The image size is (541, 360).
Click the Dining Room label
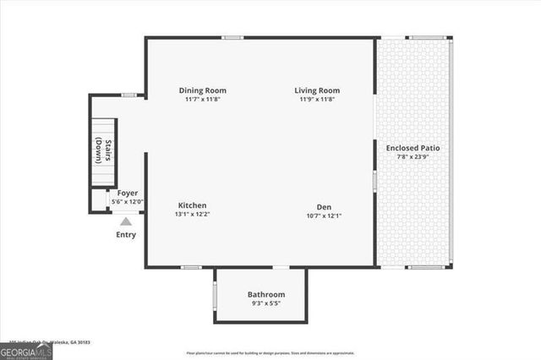(x=203, y=90)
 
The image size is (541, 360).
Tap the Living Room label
(x=317, y=90)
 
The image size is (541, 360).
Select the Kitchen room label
(x=193, y=205)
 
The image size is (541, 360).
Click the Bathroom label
(x=266, y=294)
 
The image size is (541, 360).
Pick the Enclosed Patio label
(x=413, y=148)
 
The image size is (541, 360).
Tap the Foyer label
(x=128, y=193)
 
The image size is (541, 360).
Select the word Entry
(x=125, y=234)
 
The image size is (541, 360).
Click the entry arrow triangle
(x=125, y=221)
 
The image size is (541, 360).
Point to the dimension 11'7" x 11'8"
(x=203, y=100)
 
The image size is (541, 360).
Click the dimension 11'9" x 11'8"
(x=317, y=100)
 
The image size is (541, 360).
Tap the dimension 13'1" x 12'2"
(x=193, y=215)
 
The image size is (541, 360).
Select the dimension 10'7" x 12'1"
(x=324, y=215)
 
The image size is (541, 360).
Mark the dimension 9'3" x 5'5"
(x=266, y=303)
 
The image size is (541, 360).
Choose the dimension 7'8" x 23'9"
(x=413, y=157)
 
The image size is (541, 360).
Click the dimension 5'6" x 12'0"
(x=128, y=201)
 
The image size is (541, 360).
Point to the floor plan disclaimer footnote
(x=270, y=353)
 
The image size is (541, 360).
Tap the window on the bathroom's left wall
(x=215, y=296)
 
